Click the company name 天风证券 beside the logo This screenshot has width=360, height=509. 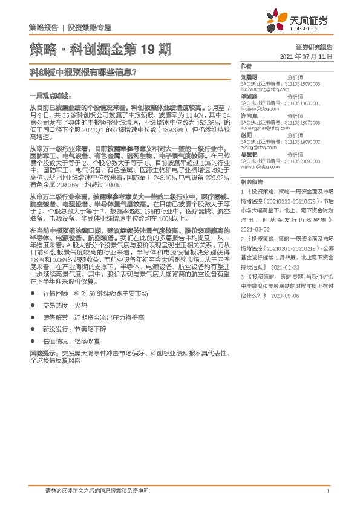coord(310,20)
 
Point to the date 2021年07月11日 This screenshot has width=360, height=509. coord(307,56)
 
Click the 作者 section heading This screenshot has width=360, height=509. coord(246,65)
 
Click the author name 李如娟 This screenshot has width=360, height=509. coord(249,96)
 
